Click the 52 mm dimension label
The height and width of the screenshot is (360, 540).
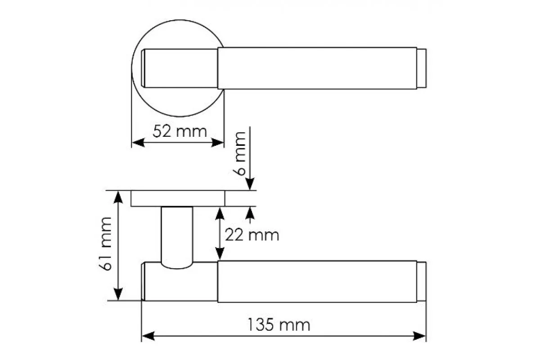(x=180, y=131)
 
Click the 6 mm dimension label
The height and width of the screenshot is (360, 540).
(x=239, y=153)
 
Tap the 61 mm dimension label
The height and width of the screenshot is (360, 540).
(x=105, y=244)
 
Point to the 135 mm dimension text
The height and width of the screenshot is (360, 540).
(x=279, y=325)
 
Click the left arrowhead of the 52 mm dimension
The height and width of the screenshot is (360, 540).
(x=138, y=143)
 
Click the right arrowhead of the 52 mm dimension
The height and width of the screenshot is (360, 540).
(x=217, y=143)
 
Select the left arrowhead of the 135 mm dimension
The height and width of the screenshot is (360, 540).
(x=148, y=336)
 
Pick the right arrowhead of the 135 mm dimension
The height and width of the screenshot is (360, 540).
(x=419, y=336)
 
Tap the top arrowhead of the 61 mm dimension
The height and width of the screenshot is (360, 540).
(x=118, y=197)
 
